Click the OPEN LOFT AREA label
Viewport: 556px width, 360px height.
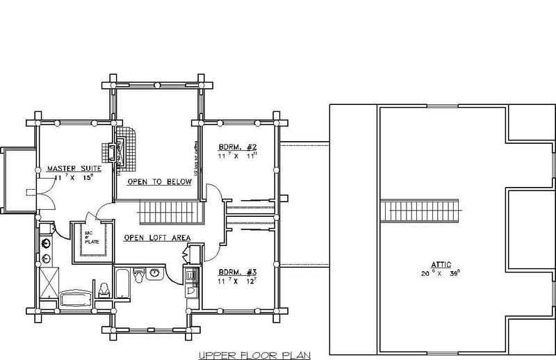(157, 238)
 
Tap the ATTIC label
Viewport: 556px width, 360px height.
(441, 264)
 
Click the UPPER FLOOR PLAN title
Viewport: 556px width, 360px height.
(253, 354)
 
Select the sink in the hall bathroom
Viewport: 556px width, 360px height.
(156, 274)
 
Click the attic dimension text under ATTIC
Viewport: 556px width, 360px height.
(441, 273)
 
